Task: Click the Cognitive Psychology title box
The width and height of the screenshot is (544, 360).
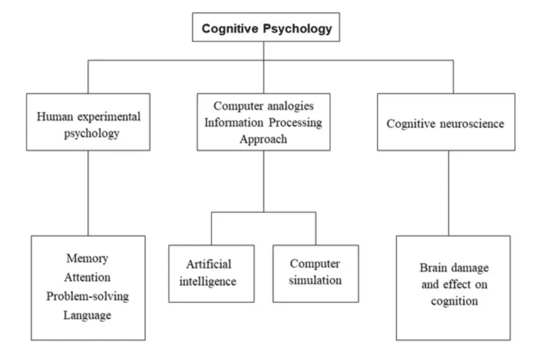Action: [265, 28]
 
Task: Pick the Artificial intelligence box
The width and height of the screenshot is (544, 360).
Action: [211, 273]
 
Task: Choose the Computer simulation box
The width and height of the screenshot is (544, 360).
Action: [316, 273]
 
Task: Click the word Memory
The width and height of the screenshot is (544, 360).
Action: [87, 258]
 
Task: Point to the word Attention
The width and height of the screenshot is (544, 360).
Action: [87, 277]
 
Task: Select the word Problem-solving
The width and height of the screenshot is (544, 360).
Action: [87, 296]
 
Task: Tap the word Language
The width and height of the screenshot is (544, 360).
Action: [87, 315]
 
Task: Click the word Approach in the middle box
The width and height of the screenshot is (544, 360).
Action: [263, 139]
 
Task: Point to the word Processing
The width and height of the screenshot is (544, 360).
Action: [295, 122]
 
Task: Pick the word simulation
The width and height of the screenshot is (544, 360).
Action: [316, 280]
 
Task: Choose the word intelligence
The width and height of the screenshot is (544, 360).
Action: [208, 281]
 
